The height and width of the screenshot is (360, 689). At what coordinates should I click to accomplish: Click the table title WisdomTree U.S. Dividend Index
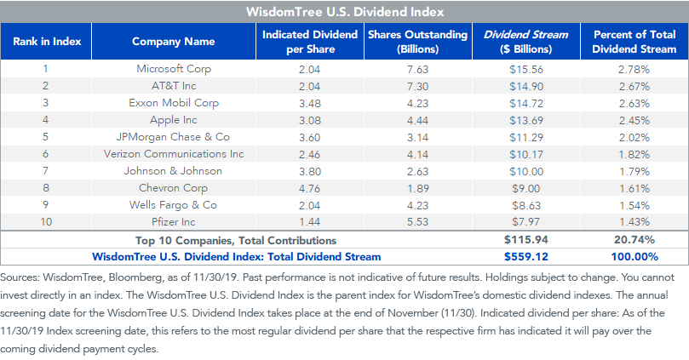[x=345, y=11]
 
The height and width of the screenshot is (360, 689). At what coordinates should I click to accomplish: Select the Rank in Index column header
[x=47, y=41]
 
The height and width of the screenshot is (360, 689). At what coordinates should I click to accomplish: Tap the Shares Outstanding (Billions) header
[x=418, y=41]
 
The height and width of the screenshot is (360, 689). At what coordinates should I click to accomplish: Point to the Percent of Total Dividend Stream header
[x=634, y=41]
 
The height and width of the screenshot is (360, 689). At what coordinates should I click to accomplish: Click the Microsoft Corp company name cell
[x=174, y=69]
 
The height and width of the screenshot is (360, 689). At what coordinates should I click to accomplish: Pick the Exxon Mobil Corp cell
[x=174, y=103]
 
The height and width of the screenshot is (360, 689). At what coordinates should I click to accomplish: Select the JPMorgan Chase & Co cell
[x=173, y=137]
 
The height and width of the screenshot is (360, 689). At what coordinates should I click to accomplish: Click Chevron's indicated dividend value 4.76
[x=310, y=188]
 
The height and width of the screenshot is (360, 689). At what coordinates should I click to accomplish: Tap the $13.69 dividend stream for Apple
[x=526, y=120]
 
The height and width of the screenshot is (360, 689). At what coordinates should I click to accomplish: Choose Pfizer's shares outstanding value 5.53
[x=417, y=222]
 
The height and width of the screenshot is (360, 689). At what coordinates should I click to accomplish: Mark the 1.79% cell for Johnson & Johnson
[x=634, y=171]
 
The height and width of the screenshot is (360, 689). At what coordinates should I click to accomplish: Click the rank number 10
[x=46, y=222]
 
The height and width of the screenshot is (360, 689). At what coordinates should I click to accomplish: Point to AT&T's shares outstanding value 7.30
[x=417, y=87]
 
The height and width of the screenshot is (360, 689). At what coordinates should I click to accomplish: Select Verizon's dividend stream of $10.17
[x=526, y=155]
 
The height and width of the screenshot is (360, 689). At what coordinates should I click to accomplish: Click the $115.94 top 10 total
[x=526, y=240]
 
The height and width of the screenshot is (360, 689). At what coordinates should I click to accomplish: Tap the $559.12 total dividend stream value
[x=526, y=257]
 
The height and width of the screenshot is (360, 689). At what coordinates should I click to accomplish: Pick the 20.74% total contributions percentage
[x=634, y=240]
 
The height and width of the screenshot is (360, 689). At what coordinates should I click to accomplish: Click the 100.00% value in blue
[x=634, y=257]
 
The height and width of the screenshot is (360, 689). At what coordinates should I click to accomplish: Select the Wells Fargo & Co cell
[x=173, y=205]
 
